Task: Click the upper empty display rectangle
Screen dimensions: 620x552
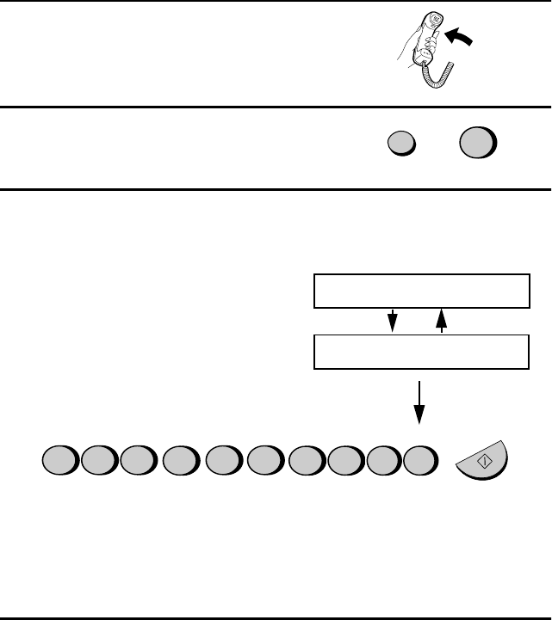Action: [419, 292]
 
